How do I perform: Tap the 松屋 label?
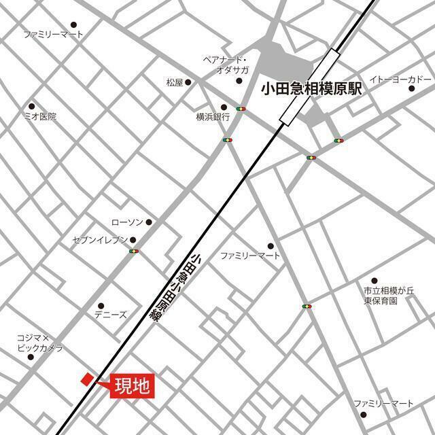[x=175, y=83]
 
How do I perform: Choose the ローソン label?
[x=127, y=222]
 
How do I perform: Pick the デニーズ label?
[x=110, y=315]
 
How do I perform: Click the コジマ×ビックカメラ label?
[x=40, y=343]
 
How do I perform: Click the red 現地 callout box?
[x=134, y=386]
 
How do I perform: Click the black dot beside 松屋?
[x=188, y=83]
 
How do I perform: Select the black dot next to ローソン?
[x=149, y=222]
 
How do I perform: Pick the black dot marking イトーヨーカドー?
[x=411, y=88]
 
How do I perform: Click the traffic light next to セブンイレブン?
[x=133, y=252]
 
